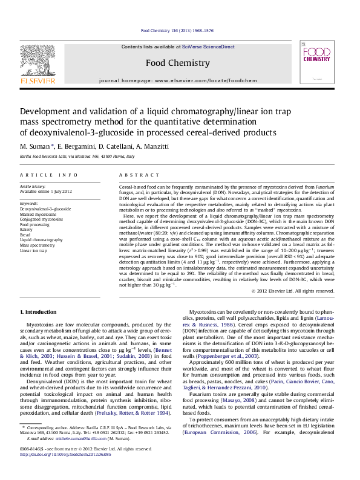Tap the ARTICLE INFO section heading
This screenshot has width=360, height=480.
click(x=49, y=175)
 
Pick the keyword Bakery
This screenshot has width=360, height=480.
click(x=27, y=230)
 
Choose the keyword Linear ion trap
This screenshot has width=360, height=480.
click(x=34, y=250)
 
